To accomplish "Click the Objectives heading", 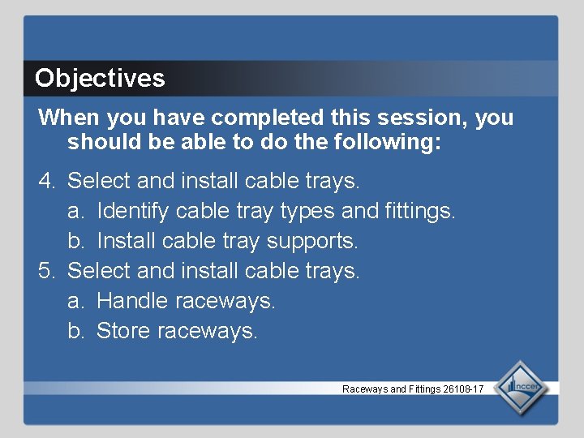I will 100,79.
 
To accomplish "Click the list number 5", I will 47,271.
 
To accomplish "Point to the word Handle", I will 131,301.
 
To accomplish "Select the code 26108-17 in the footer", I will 463,389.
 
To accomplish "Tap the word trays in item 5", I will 334,271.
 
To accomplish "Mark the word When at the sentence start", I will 64,118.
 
